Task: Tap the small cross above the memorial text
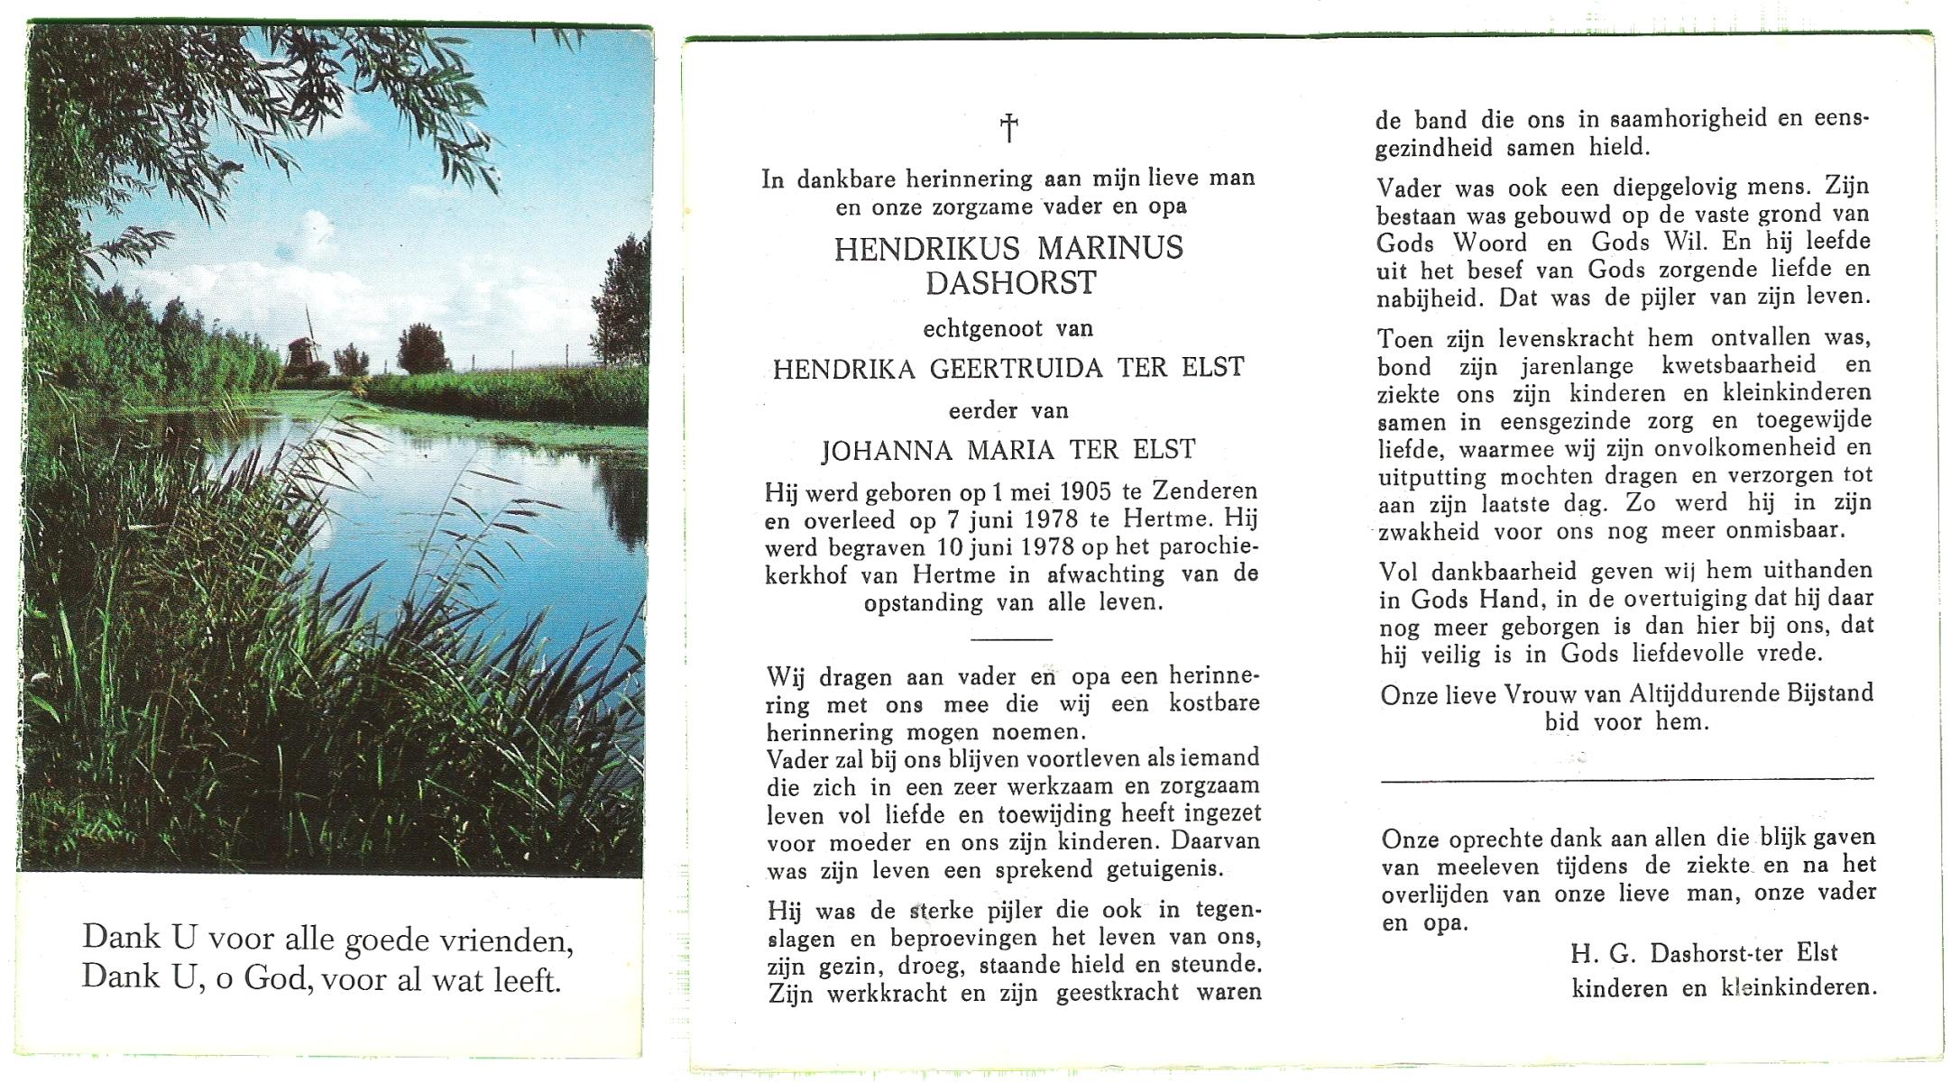point(1009,128)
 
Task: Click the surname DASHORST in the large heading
point(1009,282)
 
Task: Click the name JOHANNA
point(885,450)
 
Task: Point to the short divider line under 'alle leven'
point(1010,639)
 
